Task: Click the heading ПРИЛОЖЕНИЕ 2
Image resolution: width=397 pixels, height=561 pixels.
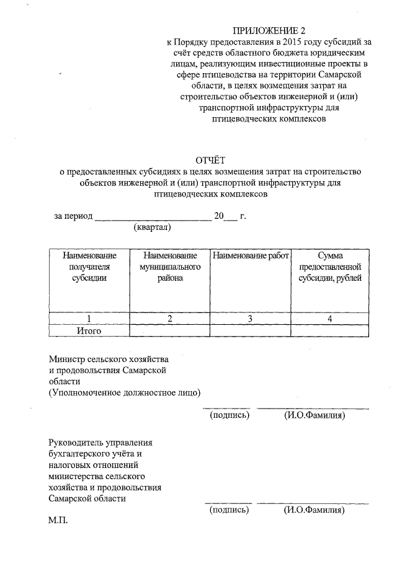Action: click(269, 30)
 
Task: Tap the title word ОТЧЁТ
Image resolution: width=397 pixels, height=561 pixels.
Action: click(210, 161)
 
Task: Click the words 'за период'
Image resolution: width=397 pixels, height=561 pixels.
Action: click(73, 216)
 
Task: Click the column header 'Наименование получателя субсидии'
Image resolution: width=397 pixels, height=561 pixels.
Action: click(89, 267)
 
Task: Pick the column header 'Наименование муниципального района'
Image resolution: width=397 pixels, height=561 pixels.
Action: click(169, 267)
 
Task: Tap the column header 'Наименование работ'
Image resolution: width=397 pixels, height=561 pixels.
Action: click(251, 255)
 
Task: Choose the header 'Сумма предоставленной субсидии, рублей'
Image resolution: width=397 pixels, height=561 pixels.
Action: click(330, 267)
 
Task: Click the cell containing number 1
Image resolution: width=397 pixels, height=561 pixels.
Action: click(89, 319)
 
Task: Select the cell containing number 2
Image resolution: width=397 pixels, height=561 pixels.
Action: click(169, 319)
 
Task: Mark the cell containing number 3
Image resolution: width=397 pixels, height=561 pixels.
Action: click(250, 319)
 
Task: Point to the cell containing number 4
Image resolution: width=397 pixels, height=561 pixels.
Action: click(330, 319)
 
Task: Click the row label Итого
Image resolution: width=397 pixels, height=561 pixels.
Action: click(89, 330)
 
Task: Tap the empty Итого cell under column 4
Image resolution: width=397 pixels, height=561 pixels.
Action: click(330, 330)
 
